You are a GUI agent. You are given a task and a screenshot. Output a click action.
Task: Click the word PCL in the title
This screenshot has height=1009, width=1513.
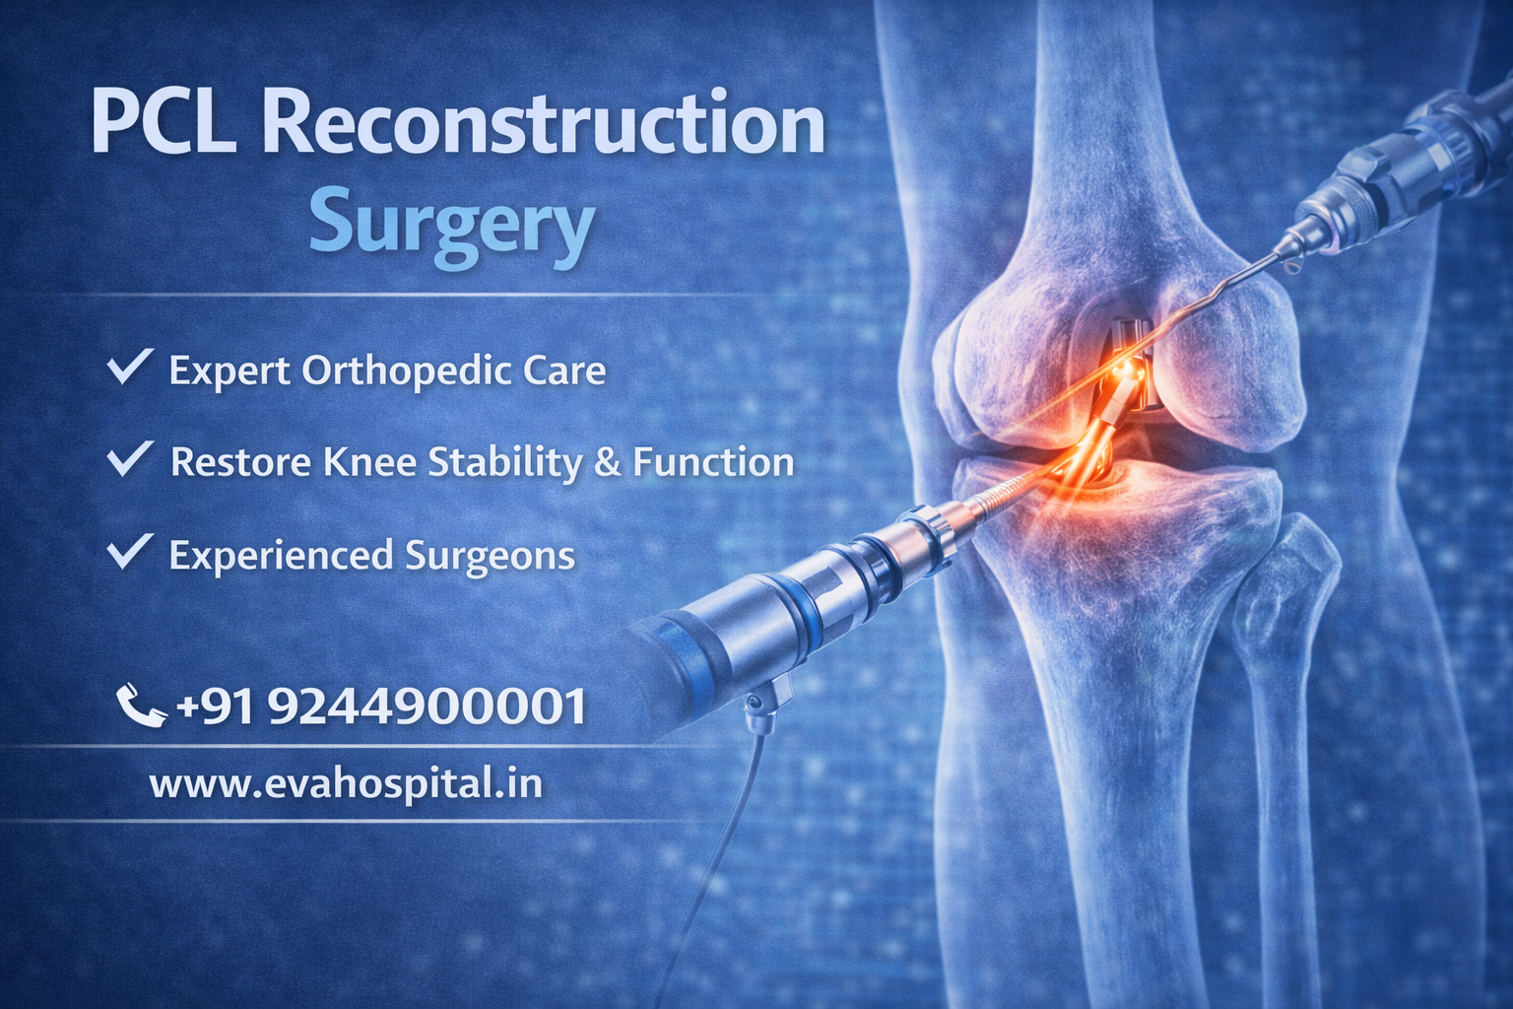click(x=164, y=123)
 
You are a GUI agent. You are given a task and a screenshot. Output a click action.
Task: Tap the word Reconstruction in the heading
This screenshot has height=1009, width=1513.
click(x=544, y=123)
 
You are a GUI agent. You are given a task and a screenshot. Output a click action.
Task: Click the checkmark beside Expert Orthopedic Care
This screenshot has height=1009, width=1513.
click(x=129, y=367)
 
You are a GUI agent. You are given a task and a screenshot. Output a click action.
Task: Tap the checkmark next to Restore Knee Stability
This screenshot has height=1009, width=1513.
click(x=129, y=458)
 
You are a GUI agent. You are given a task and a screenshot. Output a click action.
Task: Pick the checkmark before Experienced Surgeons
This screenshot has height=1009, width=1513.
click(x=129, y=551)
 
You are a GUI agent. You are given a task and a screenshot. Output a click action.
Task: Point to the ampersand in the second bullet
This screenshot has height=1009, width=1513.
click(x=607, y=462)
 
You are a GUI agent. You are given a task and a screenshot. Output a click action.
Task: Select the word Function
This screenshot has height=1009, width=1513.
click(x=713, y=462)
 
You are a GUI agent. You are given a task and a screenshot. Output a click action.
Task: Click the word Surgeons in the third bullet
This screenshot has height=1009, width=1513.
click(x=490, y=556)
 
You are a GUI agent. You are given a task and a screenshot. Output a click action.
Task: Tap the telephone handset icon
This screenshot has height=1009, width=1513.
click(x=140, y=706)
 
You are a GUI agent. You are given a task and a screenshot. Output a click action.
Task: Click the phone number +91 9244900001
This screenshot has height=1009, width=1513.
click(x=381, y=706)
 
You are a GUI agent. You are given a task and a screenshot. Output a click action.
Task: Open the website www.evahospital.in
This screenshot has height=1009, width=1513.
click(x=346, y=783)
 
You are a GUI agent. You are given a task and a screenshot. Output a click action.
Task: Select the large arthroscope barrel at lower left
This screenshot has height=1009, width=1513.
click(x=749, y=631)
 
